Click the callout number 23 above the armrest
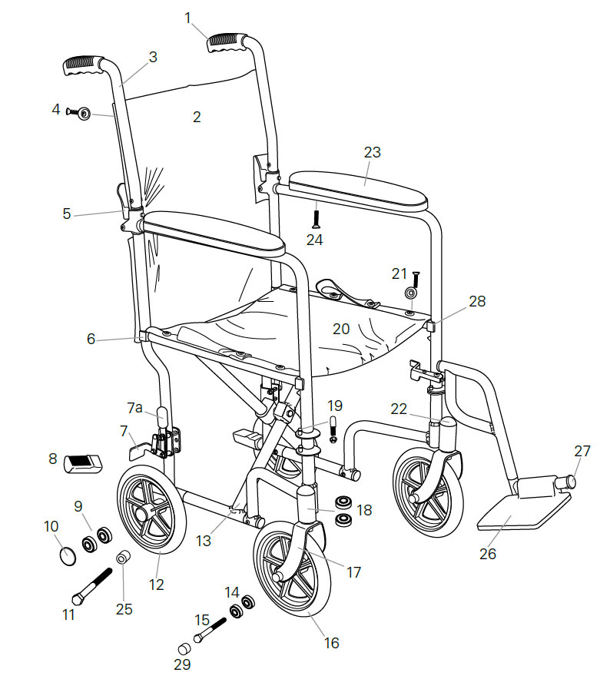(x=372, y=152)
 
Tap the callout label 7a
(x=135, y=407)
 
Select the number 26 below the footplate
(x=488, y=553)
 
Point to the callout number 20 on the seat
(x=340, y=329)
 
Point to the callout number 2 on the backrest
(x=197, y=117)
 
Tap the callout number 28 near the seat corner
(x=477, y=302)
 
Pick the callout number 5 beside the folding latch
(x=67, y=214)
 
